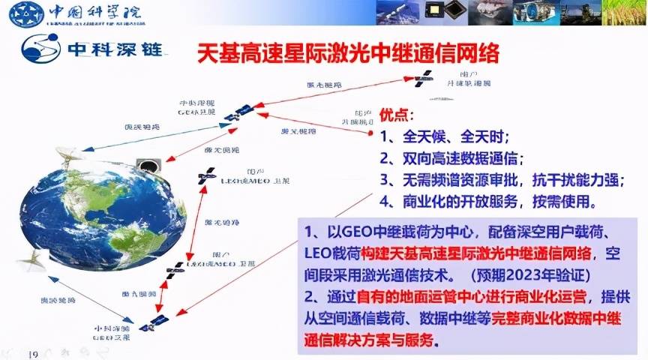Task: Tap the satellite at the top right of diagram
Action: (x=424, y=76)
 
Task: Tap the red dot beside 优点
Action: (x=371, y=133)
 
